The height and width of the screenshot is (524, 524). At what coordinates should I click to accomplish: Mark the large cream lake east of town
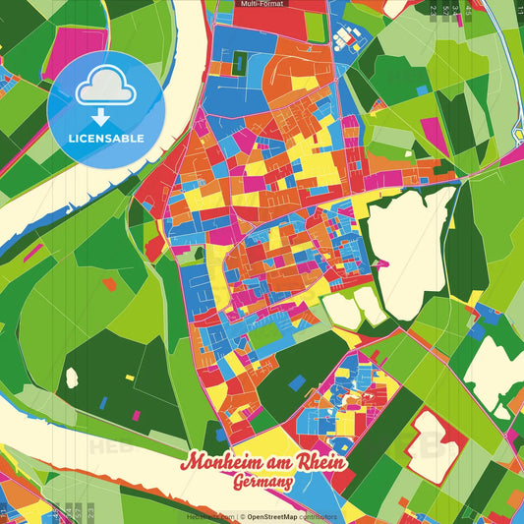point(413,246)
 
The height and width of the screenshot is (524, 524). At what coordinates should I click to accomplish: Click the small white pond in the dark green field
point(71,377)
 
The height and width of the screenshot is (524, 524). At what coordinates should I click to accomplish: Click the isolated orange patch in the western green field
point(109,284)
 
